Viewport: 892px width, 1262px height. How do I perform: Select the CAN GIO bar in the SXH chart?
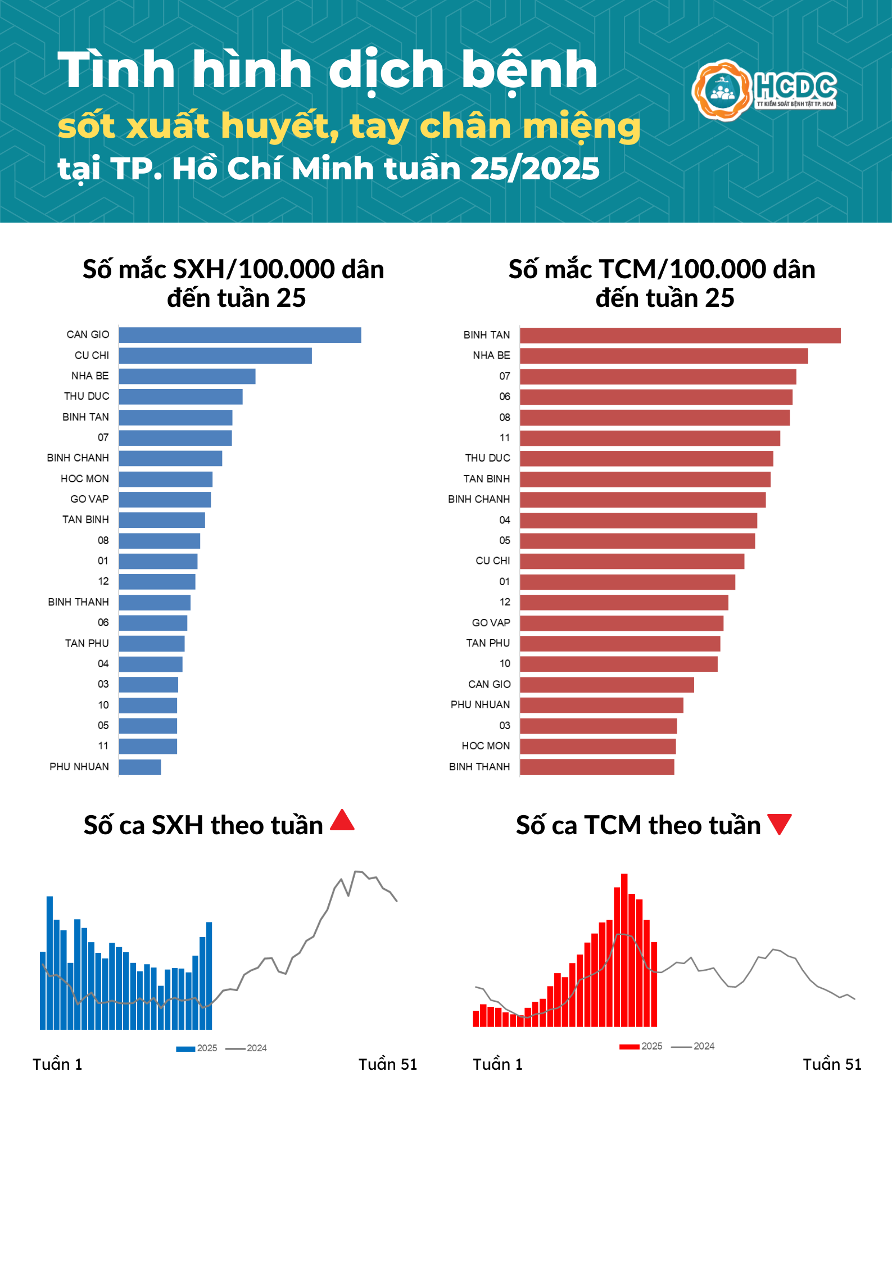point(240,335)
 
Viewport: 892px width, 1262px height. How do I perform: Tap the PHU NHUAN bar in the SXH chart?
point(140,767)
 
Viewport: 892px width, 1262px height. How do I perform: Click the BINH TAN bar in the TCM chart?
point(680,336)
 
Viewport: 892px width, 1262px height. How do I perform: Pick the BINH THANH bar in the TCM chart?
point(597,767)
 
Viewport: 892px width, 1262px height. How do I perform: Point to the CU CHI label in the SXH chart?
point(92,355)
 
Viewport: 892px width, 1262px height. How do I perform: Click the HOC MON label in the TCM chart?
point(486,746)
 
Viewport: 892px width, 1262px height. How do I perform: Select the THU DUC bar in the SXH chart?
point(180,397)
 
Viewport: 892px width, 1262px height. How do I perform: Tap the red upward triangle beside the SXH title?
point(342,821)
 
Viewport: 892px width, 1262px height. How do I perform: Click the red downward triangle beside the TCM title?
point(780,823)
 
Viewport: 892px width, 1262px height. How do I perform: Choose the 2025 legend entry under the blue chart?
point(197,1048)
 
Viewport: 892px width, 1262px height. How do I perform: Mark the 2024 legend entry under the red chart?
point(693,1046)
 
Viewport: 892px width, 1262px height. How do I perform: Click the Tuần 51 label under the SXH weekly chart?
point(388,1065)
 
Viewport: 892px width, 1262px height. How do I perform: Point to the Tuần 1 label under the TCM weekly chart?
point(497,1065)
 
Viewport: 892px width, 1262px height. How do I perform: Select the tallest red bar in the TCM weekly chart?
point(624,950)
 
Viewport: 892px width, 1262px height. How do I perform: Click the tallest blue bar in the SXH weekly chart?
point(49,962)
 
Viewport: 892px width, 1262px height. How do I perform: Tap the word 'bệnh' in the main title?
point(528,71)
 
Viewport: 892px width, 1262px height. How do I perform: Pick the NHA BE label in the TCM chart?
point(491,355)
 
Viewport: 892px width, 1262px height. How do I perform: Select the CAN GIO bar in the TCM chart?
point(607,685)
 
